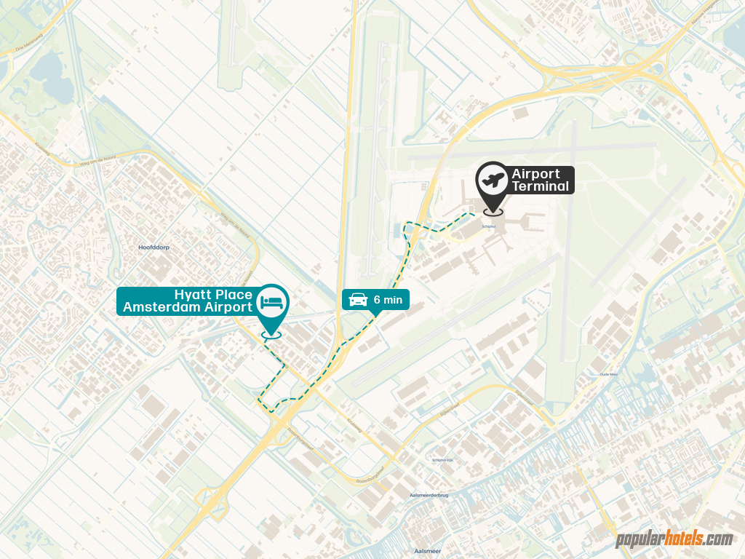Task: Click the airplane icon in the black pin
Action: [493, 179]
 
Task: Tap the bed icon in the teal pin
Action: [273, 301]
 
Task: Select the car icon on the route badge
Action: [357, 299]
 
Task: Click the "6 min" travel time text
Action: [388, 299]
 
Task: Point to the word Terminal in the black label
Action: [540, 186]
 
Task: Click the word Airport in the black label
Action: [536, 174]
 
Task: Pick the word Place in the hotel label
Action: [234, 295]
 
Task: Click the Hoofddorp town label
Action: [154, 247]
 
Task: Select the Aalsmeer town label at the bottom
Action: [427, 551]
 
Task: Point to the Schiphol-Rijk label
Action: [443, 460]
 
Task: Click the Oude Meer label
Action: [608, 374]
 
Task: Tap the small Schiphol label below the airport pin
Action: [489, 226]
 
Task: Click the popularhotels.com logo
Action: [674, 539]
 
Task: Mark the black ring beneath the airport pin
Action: [493, 212]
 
